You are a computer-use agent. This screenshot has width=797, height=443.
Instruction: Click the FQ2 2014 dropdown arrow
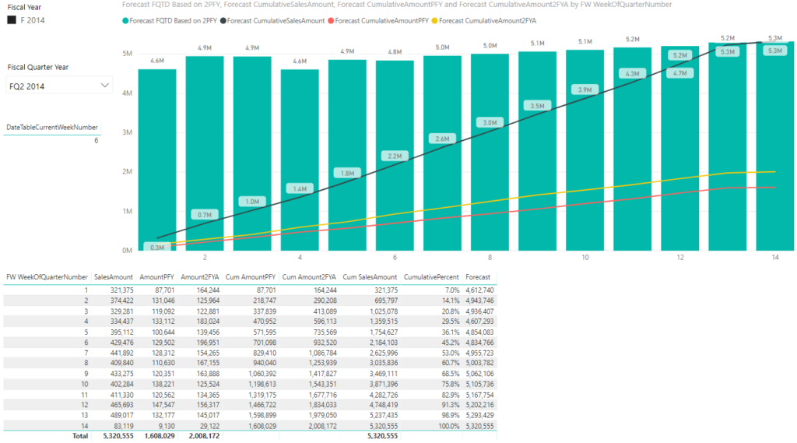point(105,86)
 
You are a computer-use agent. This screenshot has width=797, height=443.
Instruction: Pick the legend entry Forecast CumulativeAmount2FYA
point(488,20)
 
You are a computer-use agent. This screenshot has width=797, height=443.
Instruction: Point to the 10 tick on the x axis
point(584,258)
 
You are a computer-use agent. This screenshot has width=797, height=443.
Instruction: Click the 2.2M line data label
point(394,156)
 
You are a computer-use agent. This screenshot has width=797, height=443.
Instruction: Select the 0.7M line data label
point(205,215)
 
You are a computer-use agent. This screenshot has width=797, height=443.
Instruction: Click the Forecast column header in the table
point(478,276)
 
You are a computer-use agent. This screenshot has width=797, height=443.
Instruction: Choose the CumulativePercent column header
point(431,276)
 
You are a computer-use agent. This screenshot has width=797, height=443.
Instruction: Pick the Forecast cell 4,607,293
point(479,321)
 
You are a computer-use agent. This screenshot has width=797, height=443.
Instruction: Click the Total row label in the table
point(79,437)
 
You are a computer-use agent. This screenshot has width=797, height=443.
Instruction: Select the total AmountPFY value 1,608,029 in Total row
point(157,437)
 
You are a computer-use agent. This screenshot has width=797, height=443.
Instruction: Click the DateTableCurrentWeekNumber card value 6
point(96,141)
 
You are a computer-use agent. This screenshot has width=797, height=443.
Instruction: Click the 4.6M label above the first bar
point(157,61)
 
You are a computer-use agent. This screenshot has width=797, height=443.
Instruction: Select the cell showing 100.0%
point(445,426)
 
